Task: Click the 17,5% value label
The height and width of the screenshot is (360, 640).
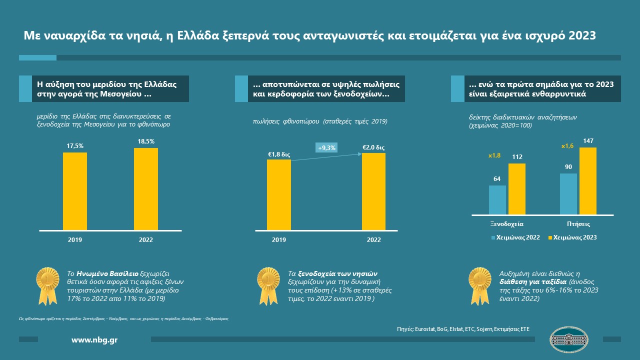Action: pyautogui.click(x=75, y=146)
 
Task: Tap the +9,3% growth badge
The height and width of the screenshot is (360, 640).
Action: pyautogui.click(x=326, y=147)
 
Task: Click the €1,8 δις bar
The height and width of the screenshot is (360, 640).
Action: pyautogui.click(x=278, y=195)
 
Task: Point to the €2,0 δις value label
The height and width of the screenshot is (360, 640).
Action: pyautogui.click(x=373, y=147)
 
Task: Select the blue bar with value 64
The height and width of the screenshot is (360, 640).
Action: pyautogui.click(x=497, y=200)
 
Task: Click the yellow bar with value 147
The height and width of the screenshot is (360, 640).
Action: pyautogui.click(x=587, y=181)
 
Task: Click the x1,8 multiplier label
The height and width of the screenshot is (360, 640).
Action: pyautogui.click(x=495, y=156)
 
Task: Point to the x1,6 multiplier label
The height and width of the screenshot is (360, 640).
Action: pyautogui.click(x=567, y=146)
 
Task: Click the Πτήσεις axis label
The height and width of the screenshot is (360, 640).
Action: pyautogui.click(x=578, y=224)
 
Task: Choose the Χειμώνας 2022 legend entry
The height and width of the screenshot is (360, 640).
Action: pyautogui.click(x=516, y=237)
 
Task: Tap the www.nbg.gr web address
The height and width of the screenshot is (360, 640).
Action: pyautogui.click(x=94, y=340)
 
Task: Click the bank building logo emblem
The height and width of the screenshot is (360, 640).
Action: pyautogui.click(x=568, y=339)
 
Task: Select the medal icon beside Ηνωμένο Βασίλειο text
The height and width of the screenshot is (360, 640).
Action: pyautogui.click(x=48, y=285)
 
